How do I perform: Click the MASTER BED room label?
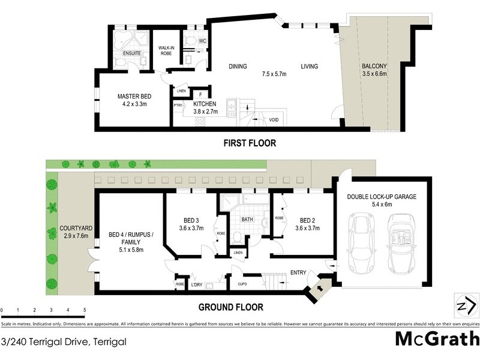pos(134,97)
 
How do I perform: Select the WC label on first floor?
pos(203,41)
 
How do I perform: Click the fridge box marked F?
pos(199,94)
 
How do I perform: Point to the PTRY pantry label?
pos(178,106)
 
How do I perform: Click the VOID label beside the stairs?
pos(274,119)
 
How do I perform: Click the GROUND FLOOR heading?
pos(231,307)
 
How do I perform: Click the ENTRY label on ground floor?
pos(298,273)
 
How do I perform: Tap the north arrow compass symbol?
pos(462,306)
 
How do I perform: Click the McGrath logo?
pos(437,338)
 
